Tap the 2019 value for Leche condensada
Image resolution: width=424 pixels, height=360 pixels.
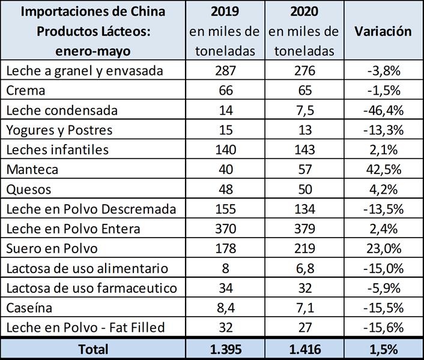click(x=225, y=110)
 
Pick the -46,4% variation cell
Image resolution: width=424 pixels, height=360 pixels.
click(x=383, y=111)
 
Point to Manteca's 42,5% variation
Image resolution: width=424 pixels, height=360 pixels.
click(x=383, y=170)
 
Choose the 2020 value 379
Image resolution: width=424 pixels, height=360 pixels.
click(x=304, y=229)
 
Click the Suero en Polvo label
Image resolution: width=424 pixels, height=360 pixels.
click(x=52, y=248)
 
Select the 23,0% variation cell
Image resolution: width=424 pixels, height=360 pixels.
click(x=383, y=248)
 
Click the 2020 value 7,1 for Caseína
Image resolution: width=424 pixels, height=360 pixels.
click(x=304, y=307)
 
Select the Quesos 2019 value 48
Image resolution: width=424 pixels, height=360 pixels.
click(x=225, y=190)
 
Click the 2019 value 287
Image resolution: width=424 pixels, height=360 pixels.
click(x=225, y=71)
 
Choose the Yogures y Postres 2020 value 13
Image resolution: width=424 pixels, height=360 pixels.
click(x=304, y=130)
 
